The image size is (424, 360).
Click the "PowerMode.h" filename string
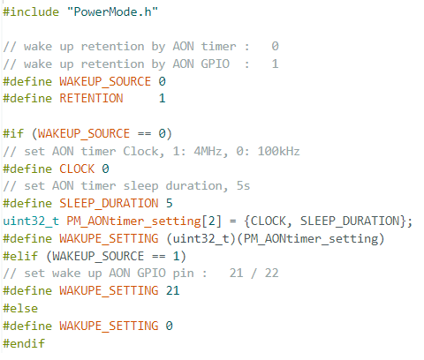[112, 12]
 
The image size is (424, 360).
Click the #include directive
[31, 12]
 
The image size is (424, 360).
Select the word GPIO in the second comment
[215, 64]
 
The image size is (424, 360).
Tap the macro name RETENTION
[91, 98]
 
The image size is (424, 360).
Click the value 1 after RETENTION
[162, 98]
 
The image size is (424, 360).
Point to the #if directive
[13, 133]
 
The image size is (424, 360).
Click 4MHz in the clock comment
[208, 151]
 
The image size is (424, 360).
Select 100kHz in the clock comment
[278, 151]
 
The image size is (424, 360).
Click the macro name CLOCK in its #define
[77, 169]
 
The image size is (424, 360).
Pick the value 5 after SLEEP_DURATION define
[169, 203]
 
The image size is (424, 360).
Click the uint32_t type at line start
[31, 221]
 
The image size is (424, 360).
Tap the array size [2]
[211, 221]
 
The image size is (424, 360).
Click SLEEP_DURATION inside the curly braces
[350, 221]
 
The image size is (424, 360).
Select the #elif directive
[20, 256]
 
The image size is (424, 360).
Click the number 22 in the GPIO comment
[271, 274]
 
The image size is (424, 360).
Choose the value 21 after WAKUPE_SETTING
[172, 290]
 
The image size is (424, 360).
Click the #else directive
[20, 309]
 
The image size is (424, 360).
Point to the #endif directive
[24, 343]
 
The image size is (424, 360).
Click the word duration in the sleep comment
[193, 186]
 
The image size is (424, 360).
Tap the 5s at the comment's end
[243, 186]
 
